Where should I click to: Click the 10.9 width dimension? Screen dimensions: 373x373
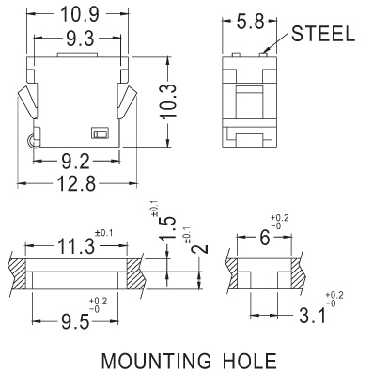[x=80, y=14]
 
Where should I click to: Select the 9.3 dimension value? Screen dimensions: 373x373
[x=80, y=39]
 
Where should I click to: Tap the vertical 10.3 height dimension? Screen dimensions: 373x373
[x=169, y=101]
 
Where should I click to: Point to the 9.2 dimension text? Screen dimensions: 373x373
[x=76, y=163]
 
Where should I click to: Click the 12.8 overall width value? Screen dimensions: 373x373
[x=77, y=183]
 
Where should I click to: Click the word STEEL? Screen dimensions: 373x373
[x=323, y=34]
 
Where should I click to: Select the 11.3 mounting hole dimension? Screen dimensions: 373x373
[x=75, y=245]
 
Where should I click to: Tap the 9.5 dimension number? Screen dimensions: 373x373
[x=75, y=322]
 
